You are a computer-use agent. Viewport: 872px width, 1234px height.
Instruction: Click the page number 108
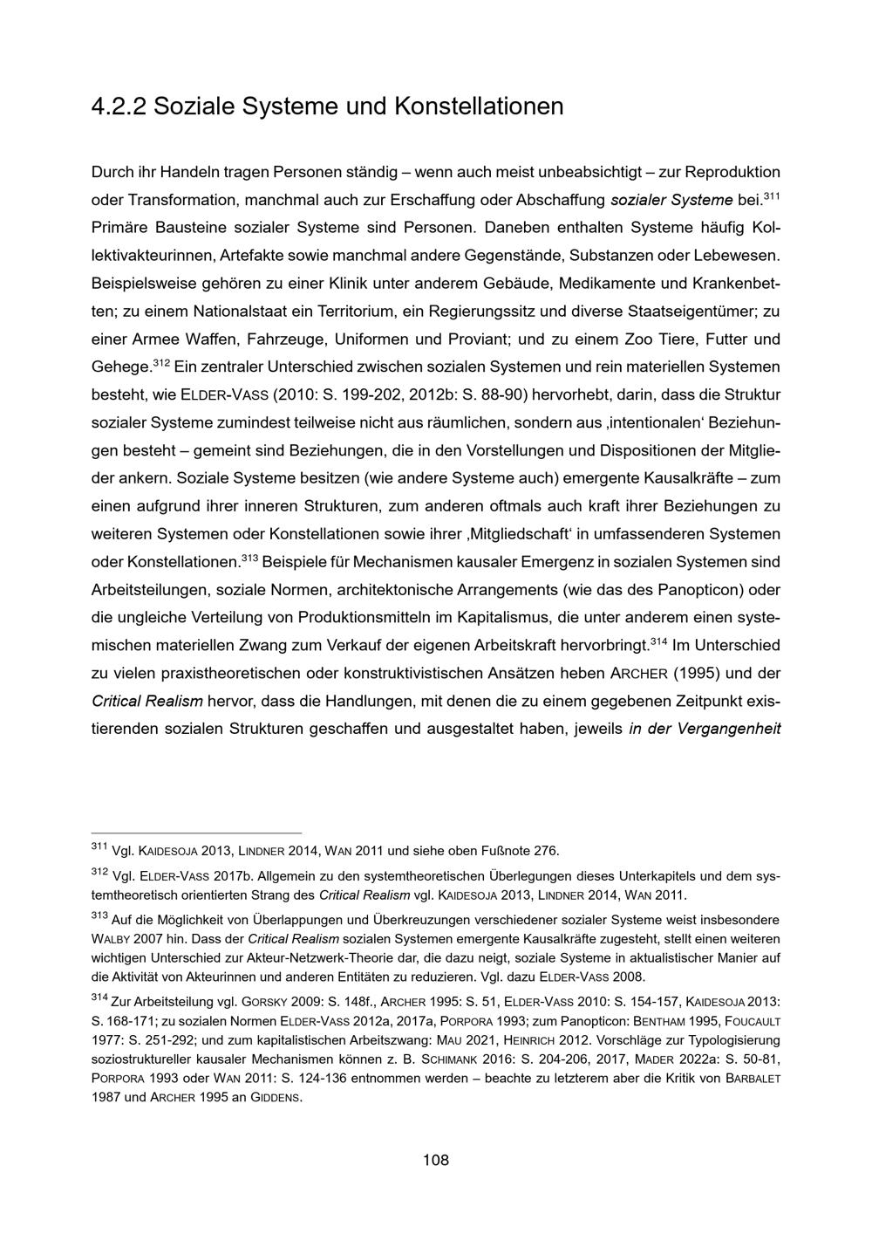tap(435, 1160)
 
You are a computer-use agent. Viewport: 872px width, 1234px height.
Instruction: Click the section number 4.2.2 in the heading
tap(117, 106)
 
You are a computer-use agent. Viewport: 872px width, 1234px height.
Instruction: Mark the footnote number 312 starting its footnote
tap(99, 873)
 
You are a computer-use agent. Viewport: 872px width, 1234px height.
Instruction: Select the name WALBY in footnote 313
tap(112, 939)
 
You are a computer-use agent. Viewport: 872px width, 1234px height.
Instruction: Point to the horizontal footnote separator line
tap(196, 833)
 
